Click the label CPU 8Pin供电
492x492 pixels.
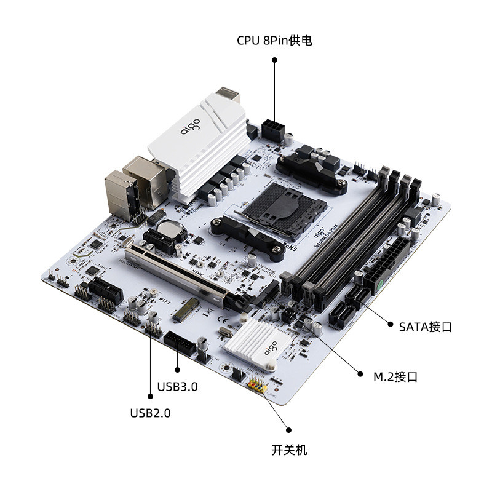(274, 41)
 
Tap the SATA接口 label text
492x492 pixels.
(425, 327)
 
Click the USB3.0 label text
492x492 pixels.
(177, 387)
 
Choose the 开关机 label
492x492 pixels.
(289, 450)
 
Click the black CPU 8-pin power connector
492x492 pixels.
(272, 130)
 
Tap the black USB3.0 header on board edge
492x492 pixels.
(181, 345)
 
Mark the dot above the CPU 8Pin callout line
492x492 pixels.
(274, 60)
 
